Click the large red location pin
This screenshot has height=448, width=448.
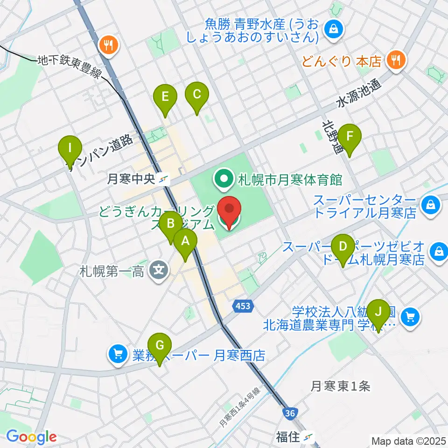click(229, 212)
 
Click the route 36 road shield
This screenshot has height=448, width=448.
click(289, 413)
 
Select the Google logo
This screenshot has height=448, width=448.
click(32, 437)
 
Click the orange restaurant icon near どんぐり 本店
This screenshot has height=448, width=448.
click(396, 60)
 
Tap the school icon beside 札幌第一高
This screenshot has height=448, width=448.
click(160, 270)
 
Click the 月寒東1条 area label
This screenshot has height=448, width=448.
click(341, 386)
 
